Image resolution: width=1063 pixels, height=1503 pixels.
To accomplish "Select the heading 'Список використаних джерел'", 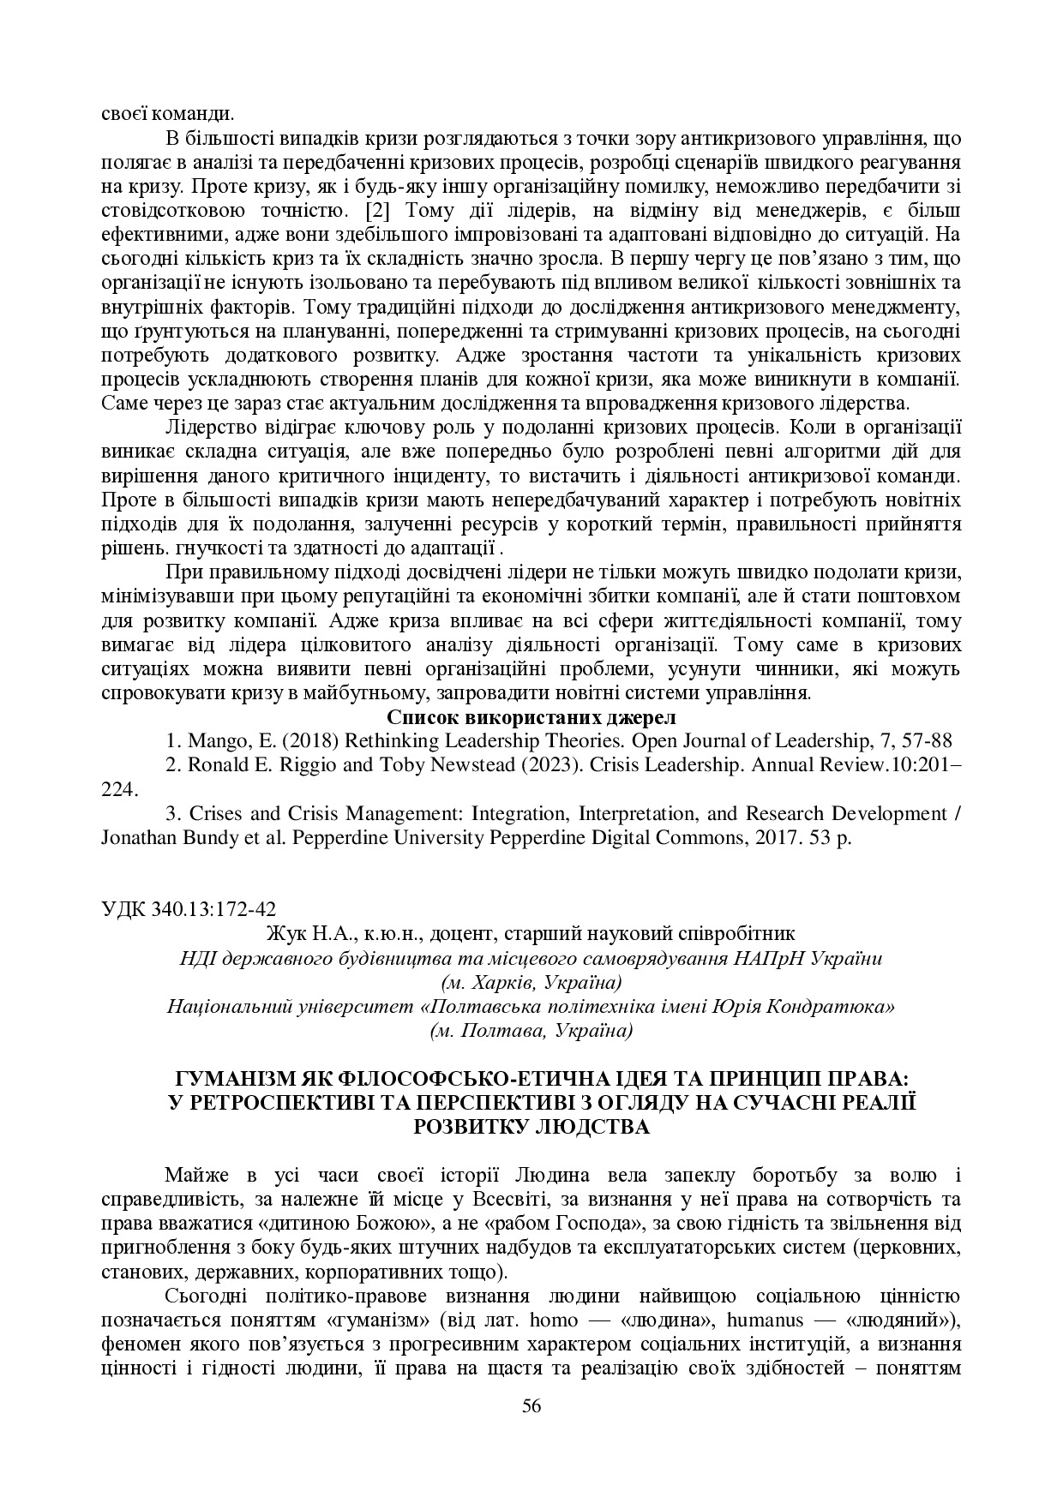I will [531, 716].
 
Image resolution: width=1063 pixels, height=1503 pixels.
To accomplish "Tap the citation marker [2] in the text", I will [378, 210].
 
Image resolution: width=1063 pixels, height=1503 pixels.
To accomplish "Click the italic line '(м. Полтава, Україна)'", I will [531, 1030].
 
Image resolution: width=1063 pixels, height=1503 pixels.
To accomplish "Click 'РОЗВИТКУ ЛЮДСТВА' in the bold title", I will [531, 1126].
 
